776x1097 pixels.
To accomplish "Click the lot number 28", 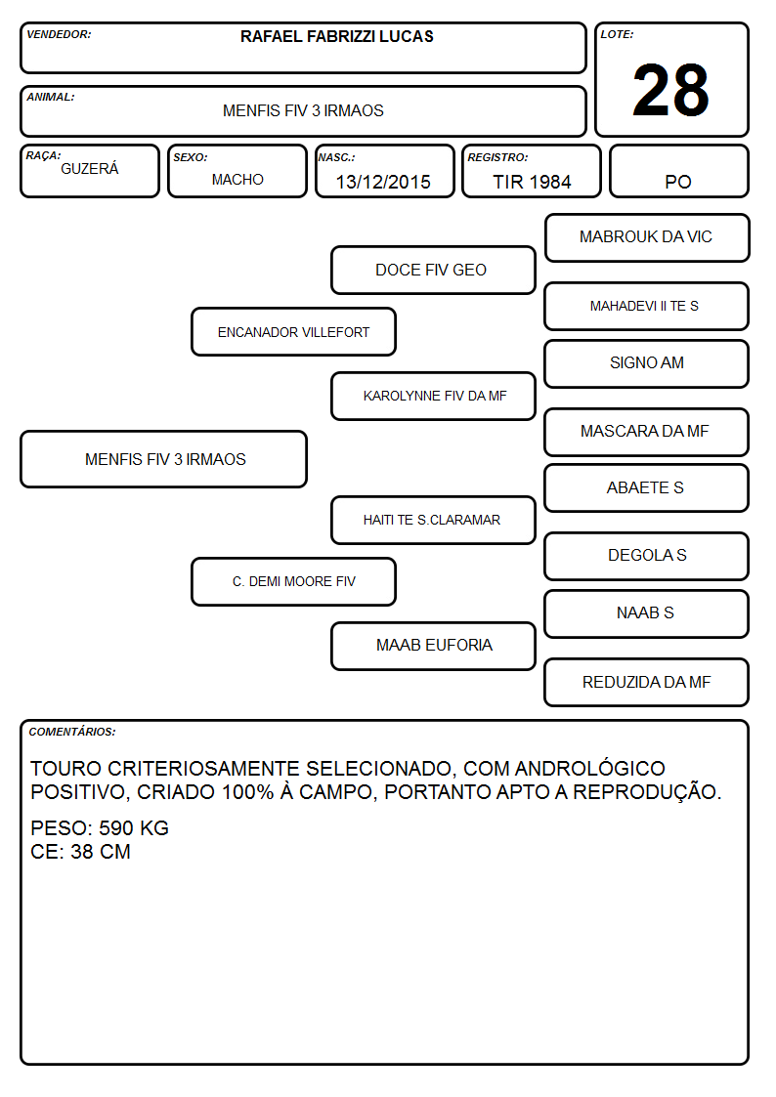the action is [x=670, y=90].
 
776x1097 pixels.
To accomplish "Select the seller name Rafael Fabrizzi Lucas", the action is [x=336, y=36].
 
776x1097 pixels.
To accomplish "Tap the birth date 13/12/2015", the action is [x=383, y=182].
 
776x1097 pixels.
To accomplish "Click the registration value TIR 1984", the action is [x=532, y=182].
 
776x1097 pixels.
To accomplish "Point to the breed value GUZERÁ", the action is [x=90, y=168].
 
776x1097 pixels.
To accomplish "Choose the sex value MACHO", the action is [x=237, y=180].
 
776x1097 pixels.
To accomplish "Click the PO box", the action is [x=678, y=171].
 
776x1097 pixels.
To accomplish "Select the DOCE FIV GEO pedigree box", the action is [x=433, y=270].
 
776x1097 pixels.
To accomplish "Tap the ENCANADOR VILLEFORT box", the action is [x=294, y=331].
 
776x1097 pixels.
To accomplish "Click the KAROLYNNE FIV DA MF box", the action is [x=433, y=396].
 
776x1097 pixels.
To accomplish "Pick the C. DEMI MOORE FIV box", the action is [x=294, y=581].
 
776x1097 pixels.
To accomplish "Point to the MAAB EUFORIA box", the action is [x=433, y=646].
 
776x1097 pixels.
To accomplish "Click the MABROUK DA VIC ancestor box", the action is [x=647, y=238].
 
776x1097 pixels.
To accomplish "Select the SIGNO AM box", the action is [x=647, y=363].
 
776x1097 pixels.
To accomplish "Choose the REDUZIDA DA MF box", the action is [x=647, y=682].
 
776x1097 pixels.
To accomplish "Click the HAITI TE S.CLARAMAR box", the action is [x=433, y=520].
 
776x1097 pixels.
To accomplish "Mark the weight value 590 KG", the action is [x=134, y=828].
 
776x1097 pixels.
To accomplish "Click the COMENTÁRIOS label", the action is [x=72, y=732].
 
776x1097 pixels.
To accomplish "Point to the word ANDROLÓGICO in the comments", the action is [x=589, y=768].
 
